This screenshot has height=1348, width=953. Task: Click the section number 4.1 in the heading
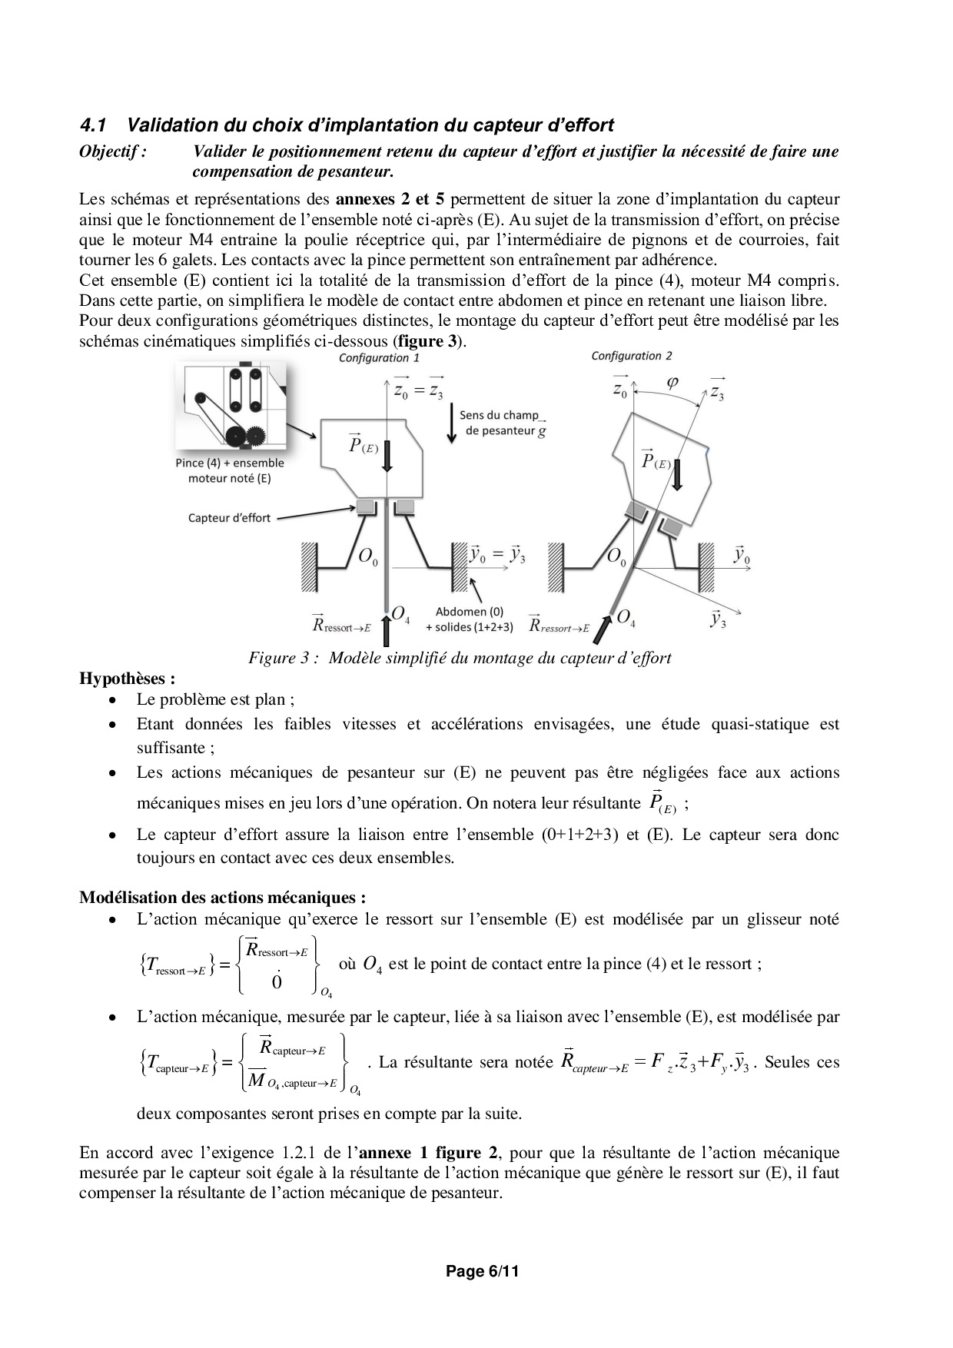(x=93, y=125)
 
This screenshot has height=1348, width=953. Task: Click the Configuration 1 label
(x=379, y=358)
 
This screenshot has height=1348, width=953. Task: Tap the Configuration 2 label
(x=631, y=356)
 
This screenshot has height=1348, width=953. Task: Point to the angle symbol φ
(x=672, y=382)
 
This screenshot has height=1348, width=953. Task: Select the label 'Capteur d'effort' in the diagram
(x=229, y=518)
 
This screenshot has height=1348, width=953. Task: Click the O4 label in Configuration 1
(x=400, y=614)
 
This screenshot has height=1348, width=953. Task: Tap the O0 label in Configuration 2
(x=616, y=556)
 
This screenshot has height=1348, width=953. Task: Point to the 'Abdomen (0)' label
(x=469, y=612)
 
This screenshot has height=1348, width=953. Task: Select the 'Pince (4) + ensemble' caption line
(x=229, y=463)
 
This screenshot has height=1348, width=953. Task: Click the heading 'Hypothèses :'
(x=127, y=679)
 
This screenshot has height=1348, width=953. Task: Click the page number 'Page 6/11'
(x=483, y=1272)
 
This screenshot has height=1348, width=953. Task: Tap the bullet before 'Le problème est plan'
(x=113, y=701)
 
